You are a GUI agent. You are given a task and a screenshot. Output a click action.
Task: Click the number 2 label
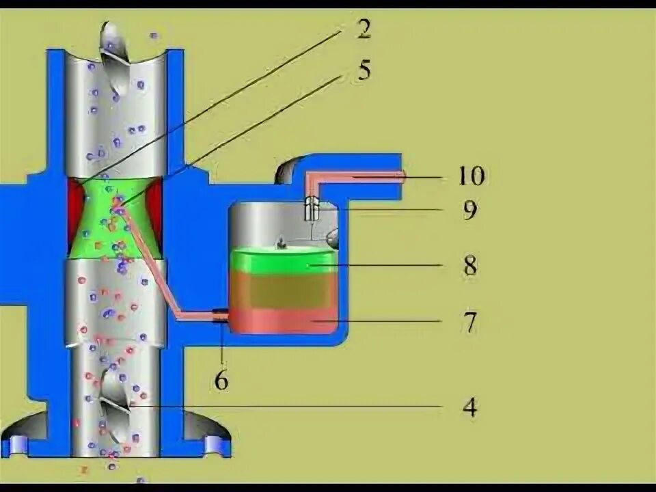pyautogui.click(x=363, y=29)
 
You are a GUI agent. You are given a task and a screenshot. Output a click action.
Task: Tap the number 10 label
pyautogui.click(x=471, y=176)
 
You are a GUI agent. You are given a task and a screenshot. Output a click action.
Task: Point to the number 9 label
pyautogui.click(x=469, y=210)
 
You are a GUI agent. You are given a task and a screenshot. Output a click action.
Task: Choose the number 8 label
pyautogui.click(x=469, y=265)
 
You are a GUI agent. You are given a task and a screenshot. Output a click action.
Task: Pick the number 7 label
pyautogui.click(x=469, y=322)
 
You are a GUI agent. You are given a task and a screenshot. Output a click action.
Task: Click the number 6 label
pyautogui.click(x=221, y=380)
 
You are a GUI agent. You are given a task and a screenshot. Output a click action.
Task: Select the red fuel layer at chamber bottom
pyautogui.click(x=284, y=320)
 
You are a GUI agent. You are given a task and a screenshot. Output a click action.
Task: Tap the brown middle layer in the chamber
pyautogui.click(x=284, y=291)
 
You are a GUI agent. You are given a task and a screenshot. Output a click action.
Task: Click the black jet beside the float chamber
pyautogui.click(x=220, y=315)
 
